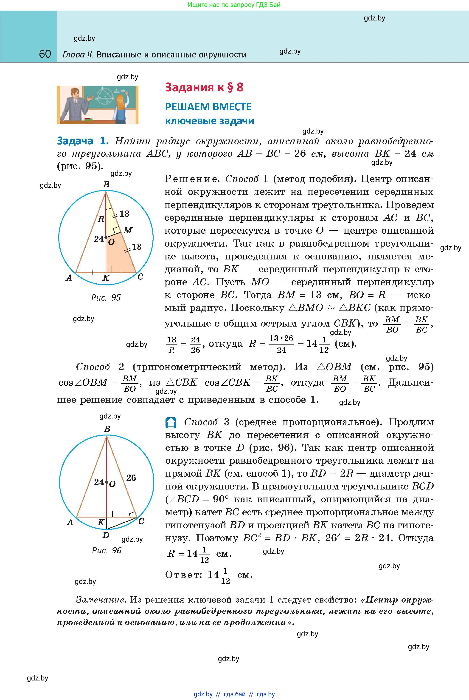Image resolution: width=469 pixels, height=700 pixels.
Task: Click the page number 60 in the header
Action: pyautogui.click(x=45, y=54)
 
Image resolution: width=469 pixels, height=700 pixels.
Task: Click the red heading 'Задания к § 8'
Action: pyautogui.click(x=204, y=87)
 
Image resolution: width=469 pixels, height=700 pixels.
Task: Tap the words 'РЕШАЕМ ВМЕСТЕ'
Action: pyautogui.click(x=208, y=107)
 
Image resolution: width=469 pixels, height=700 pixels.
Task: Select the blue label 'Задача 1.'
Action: pyautogui.click(x=83, y=141)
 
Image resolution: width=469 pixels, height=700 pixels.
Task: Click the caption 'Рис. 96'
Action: pyautogui.click(x=107, y=550)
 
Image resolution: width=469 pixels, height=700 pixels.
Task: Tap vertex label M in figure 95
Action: pyautogui.click(x=128, y=230)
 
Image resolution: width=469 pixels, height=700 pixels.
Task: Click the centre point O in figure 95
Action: pyautogui.click(x=106, y=238)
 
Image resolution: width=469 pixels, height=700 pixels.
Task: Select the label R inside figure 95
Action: pyautogui.click(x=101, y=219)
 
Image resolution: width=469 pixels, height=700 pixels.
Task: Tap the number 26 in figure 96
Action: pyautogui.click(x=131, y=478)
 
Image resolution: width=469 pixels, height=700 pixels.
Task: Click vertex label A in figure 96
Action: pyautogui.click(x=70, y=522)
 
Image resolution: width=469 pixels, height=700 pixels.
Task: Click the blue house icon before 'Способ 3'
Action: pyautogui.click(x=171, y=422)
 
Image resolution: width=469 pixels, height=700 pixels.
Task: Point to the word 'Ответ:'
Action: pyautogui.click(x=184, y=575)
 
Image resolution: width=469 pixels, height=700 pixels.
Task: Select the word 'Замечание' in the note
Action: pyautogui.click(x=100, y=600)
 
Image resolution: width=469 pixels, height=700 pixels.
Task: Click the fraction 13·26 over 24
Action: pyautogui.click(x=281, y=344)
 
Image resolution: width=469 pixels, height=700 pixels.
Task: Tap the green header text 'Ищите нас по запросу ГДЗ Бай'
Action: pyautogui.click(x=234, y=5)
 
